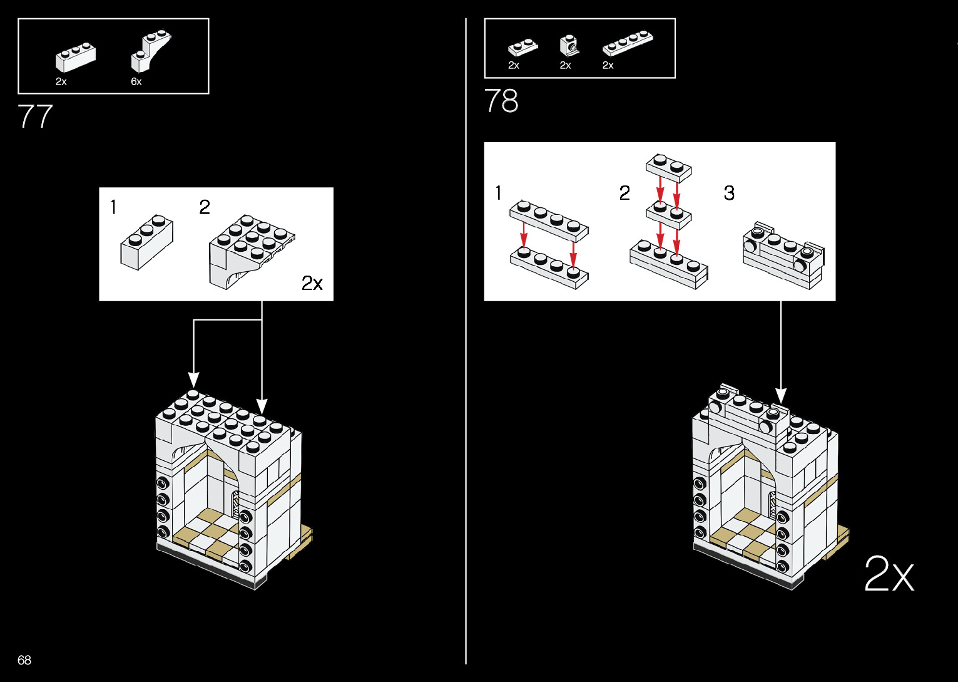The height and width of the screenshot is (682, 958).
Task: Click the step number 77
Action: [x=35, y=116]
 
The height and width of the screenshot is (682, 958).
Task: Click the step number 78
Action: [x=501, y=101]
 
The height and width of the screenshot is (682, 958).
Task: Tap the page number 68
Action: [x=24, y=660]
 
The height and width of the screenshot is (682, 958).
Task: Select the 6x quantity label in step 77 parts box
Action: [x=136, y=82]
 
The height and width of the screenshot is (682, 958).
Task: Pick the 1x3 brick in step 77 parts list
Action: [x=75, y=57]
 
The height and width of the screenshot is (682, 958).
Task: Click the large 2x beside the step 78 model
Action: [x=889, y=574]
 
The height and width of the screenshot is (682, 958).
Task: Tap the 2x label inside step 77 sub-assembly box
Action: [x=312, y=284]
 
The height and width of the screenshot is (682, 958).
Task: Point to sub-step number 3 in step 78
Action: [x=729, y=193]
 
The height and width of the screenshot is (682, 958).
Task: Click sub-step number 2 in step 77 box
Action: [x=205, y=207]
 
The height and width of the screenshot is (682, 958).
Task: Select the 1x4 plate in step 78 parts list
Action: [x=628, y=43]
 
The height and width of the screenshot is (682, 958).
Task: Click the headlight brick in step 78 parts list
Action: [x=569, y=45]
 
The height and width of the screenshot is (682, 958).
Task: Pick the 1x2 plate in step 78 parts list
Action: [x=522, y=48]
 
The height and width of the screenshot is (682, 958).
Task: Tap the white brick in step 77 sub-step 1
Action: [x=146, y=243]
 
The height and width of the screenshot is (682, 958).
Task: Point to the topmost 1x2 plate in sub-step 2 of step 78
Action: [x=668, y=167]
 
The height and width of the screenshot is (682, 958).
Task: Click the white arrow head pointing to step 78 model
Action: [x=781, y=396]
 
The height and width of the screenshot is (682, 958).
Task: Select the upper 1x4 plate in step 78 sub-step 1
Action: [x=549, y=220]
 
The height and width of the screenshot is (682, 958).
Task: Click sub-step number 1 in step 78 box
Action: [x=499, y=193]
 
